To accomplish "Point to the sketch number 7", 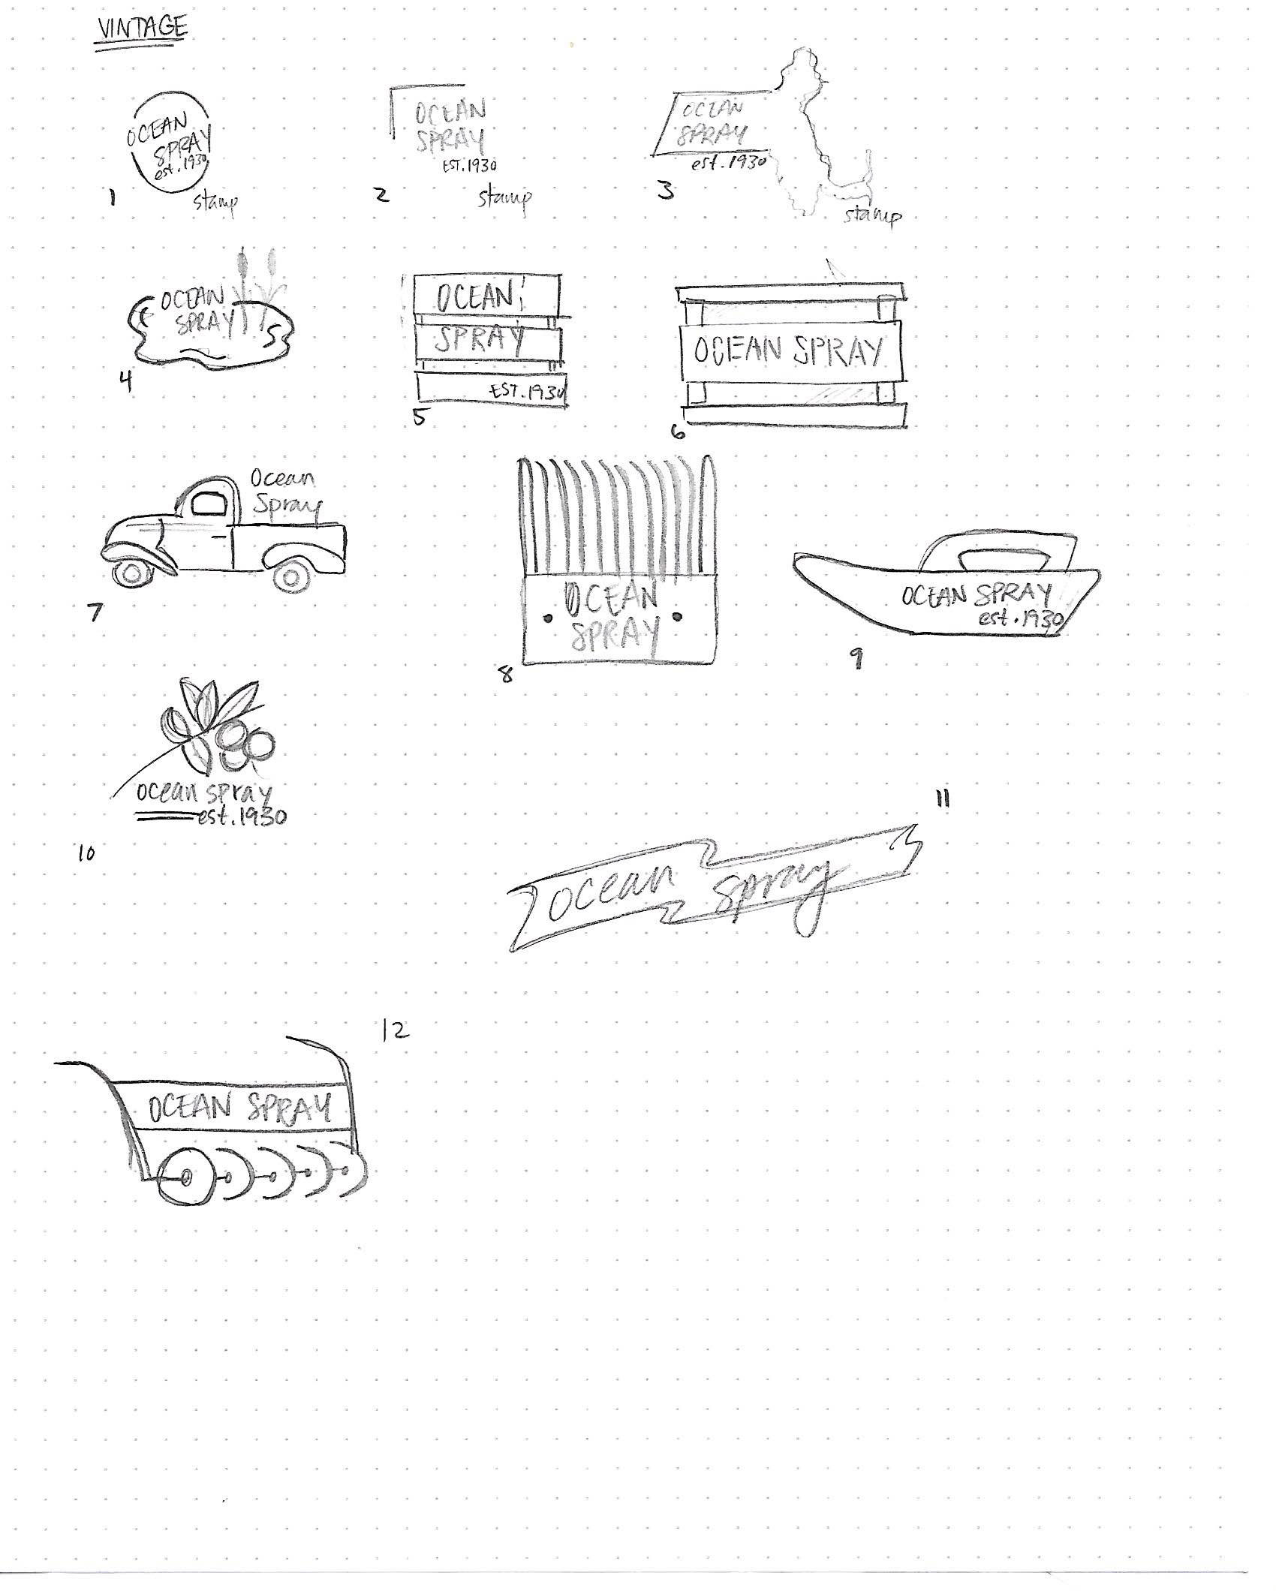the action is pos(95,612).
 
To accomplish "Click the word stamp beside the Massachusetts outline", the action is pos(873,216).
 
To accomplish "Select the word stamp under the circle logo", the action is pos(215,203).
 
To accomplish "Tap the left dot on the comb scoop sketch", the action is pos(548,618).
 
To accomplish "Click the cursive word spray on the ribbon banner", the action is pos(773,894).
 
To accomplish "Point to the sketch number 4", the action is pos(125,382).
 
